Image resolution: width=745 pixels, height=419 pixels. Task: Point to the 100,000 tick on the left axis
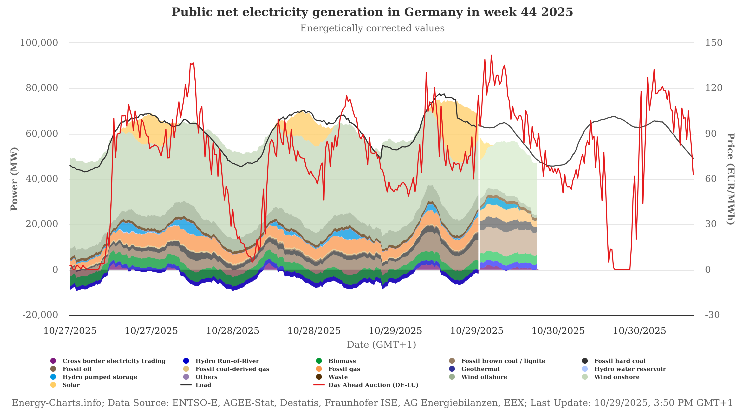tap(39, 43)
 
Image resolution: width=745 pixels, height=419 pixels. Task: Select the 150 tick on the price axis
tap(714, 43)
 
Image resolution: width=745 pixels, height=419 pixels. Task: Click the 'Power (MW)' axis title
tap(14, 179)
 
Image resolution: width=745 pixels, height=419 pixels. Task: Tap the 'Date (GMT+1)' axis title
tap(381, 345)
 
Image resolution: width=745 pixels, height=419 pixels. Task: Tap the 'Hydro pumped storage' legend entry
tap(100, 377)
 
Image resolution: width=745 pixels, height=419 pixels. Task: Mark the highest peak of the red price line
tap(491, 55)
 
